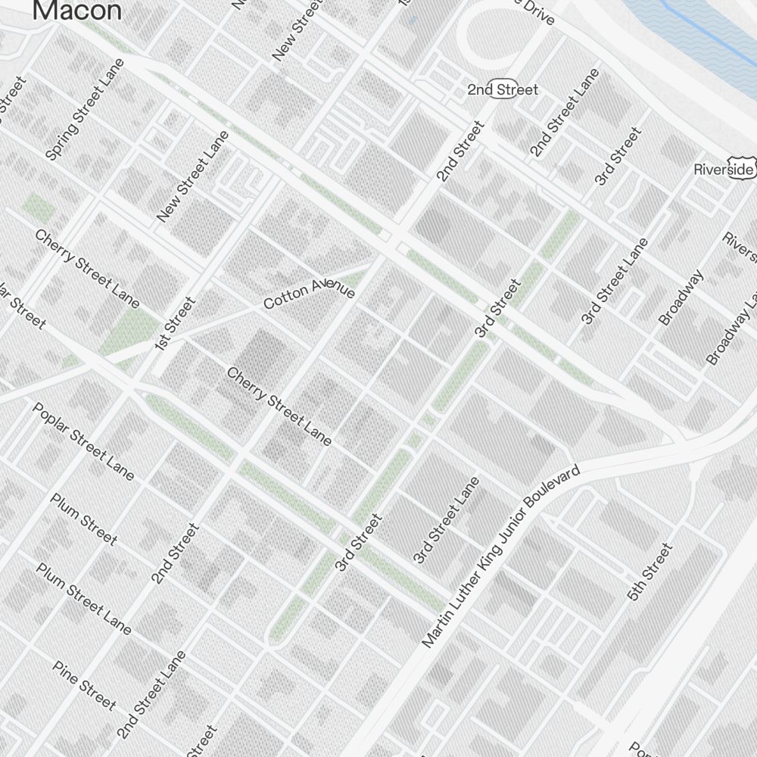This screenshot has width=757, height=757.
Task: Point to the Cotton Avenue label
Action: pos(309,291)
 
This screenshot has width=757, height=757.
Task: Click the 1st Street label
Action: pos(175,324)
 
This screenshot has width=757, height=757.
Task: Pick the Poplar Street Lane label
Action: pos(83,441)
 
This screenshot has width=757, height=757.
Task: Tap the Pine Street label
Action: pos(84,686)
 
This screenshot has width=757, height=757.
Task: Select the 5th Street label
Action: pos(650,572)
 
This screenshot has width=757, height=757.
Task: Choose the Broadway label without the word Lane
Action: pos(681,298)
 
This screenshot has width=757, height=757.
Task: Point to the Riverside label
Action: pos(723,170)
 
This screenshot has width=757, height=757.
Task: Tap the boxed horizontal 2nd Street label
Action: pos(503,90)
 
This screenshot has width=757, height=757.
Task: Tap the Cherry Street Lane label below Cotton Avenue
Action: pos(279,407)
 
